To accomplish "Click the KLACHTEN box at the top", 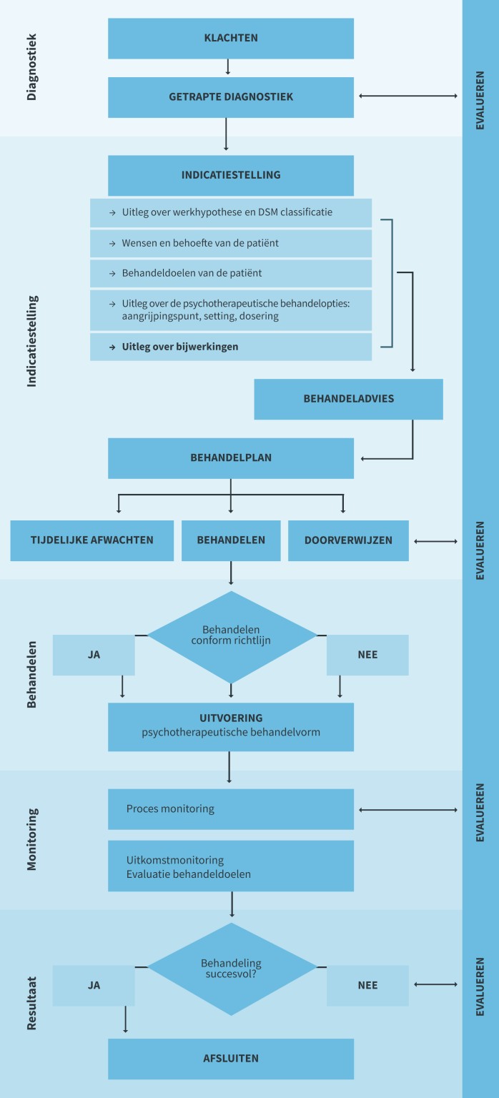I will click(230, 39).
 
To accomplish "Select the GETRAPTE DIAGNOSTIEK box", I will click(230, 97).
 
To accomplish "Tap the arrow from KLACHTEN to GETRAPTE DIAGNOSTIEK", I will click(227, 67).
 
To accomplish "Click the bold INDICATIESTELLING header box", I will click(230, 175).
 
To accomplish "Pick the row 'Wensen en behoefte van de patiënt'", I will click(230, 243).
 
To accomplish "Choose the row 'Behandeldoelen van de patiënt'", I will click(230, 273).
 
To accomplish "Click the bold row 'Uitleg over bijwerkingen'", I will click(230, 347).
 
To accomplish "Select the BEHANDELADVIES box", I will click(348, 399).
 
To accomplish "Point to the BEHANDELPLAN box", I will click(230, 458).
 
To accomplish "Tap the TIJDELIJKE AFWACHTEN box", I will click(92, 540).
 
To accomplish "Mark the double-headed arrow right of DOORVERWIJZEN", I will click(435, 541).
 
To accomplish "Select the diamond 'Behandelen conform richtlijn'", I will click(231, 635).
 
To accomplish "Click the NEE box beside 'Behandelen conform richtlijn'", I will click(367, 655).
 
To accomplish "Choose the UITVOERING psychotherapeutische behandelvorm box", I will click(230, 726).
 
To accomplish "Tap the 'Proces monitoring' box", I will click(230, 809).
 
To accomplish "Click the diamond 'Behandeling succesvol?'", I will click(231, 969).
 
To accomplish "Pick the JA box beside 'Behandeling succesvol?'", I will click(94, 985).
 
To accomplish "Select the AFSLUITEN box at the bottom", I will click(230, 1059).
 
